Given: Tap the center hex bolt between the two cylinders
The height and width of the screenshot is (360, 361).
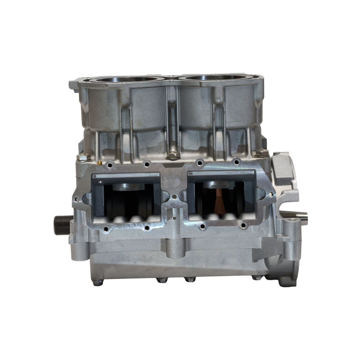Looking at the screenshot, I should [x=173, y=155].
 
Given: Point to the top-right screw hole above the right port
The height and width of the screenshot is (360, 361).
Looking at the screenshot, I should [x=235, y=162].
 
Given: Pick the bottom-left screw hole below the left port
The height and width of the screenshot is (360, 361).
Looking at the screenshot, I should [x=106, y=230].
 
